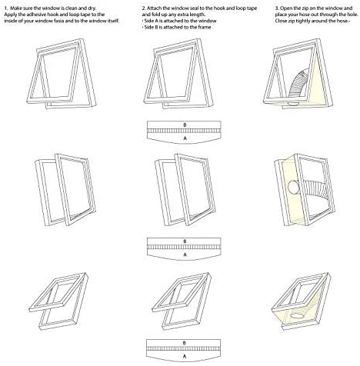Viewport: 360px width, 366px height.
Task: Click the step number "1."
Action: [x=5, y=8]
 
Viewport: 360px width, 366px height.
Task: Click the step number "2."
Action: [x=144, y=8]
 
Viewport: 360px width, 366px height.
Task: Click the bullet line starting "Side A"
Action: [x=179, y=21]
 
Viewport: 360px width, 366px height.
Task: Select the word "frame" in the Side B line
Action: [x=204, y=27]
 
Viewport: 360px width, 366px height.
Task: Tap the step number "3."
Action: [x=277, y=8]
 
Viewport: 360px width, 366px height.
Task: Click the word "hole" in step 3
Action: [x=352, y=15]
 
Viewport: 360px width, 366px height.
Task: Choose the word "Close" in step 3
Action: [x=281, y=21]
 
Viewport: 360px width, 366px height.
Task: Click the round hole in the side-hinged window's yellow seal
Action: [x=292, y=187]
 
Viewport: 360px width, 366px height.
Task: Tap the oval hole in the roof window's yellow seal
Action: [x=298, y=315]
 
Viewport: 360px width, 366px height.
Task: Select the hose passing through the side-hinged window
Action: [x=315, y=193]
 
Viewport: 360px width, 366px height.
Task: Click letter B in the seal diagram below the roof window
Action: [x=184, y=343]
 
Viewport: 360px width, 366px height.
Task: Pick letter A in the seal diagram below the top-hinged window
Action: [x=185, y=138]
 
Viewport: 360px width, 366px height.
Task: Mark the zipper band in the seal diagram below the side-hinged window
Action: [x=184, y=248]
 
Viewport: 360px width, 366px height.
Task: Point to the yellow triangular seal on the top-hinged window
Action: [x=317, y=85]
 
